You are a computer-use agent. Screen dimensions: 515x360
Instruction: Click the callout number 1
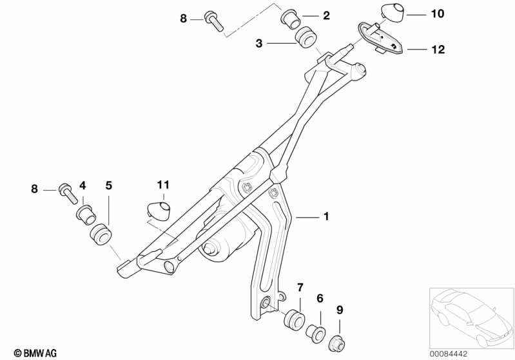pyautogui.click(x=326, y=216)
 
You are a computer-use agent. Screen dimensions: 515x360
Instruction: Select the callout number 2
pyautogui.click(x=326, y=15)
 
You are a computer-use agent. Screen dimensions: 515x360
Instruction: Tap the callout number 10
pyautogui.click(x=437, y=14)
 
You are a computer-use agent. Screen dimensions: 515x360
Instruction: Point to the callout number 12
pyautogui.click(x=438, y=50)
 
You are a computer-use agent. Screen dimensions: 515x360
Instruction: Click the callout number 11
pyautogui.click(x=163, y=185)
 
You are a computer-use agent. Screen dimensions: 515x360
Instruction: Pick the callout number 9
pyautogui.click(x=340, y=310)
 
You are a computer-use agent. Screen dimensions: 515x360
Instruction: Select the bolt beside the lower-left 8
pyautogui.click(x=68, y=193)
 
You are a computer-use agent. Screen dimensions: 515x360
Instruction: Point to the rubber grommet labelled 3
pyautogui.click(x=306, y=37)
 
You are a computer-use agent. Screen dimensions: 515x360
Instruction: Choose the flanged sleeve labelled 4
pyautogui.click(x=86, y=214)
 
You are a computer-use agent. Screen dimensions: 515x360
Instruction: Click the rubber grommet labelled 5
pyautogui.click(x=101, y=234)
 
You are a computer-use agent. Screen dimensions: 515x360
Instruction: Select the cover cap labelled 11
pyautogui.click(x=159, y=211)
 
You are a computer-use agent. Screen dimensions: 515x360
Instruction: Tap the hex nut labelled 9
pyautogui.click(x=337, y=343)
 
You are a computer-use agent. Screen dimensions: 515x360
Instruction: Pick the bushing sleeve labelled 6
pyautogui.click(x=316, y=334)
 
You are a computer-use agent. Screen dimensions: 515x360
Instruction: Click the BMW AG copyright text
pyautogui.click(x=35, y=353)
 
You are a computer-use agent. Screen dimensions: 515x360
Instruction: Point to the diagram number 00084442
pyautogui.click(x=449, y=354)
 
